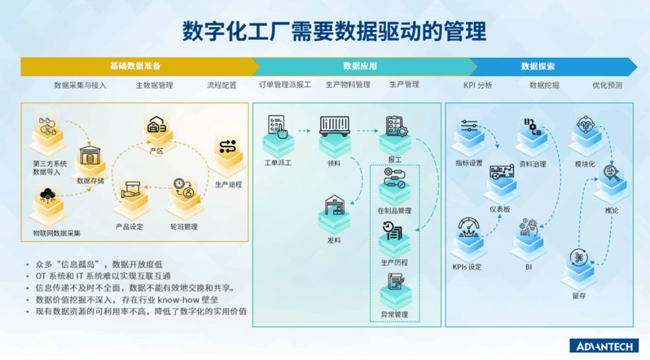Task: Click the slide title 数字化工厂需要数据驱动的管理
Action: coord(324,31)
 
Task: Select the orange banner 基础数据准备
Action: coord(135,66)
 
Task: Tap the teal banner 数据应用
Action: coord(359,66)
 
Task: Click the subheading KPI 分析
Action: coord(477,85)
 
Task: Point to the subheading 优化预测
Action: coord(607,85)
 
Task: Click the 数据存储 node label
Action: coord(90,180)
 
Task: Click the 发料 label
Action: coord(333,240)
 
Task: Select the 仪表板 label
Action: coord(499,209)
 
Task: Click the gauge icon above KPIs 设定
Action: coord(468,229)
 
